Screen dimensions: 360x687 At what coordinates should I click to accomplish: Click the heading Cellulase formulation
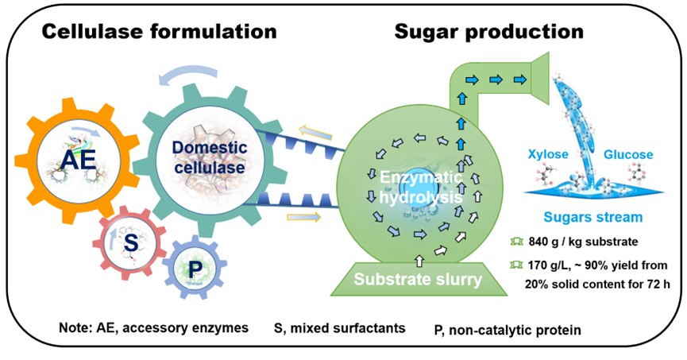point(159,32)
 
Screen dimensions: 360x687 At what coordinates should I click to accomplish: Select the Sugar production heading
point(488,32)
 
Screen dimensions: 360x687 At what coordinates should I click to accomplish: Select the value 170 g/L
point(550,265)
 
